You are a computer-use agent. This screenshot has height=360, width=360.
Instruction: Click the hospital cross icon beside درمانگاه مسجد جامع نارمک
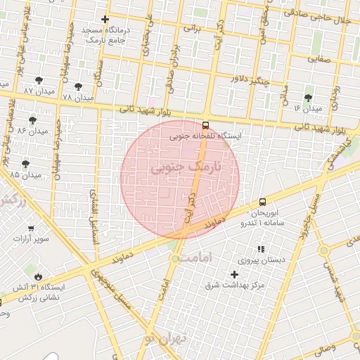point(105,20)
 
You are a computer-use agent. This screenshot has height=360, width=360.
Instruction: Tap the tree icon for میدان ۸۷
point(38,80)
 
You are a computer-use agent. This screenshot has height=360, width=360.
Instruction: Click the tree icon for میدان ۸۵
point(25,164)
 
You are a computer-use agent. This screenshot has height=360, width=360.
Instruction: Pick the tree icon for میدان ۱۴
point(308,98)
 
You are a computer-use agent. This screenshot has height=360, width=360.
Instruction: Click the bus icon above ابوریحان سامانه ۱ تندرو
point(262,202)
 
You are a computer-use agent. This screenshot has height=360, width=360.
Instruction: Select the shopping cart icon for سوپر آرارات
point(31,228)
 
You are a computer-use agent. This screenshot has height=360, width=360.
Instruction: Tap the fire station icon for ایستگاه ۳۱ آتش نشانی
point(38,276)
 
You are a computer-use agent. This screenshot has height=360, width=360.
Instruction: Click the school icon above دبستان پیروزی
point(261,249)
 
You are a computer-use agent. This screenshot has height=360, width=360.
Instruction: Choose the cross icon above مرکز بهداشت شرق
point(234,274)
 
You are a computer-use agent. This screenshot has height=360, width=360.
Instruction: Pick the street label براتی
point(192,29)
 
